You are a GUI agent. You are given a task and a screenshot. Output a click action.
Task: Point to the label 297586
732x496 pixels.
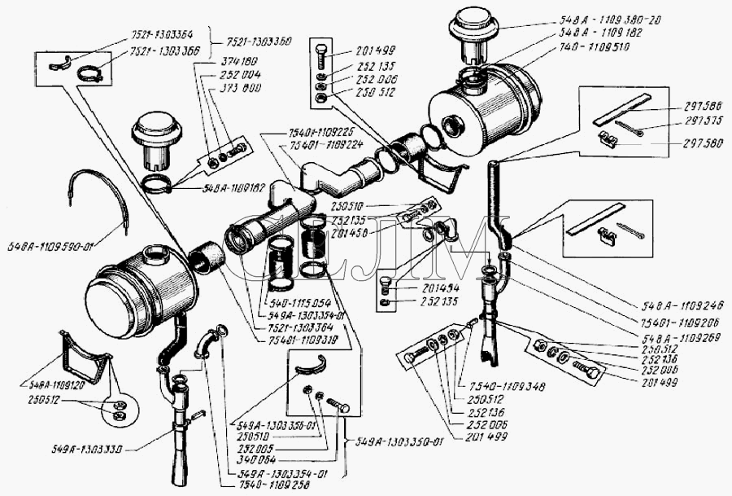pyautogui.click(x=699, y=106)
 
